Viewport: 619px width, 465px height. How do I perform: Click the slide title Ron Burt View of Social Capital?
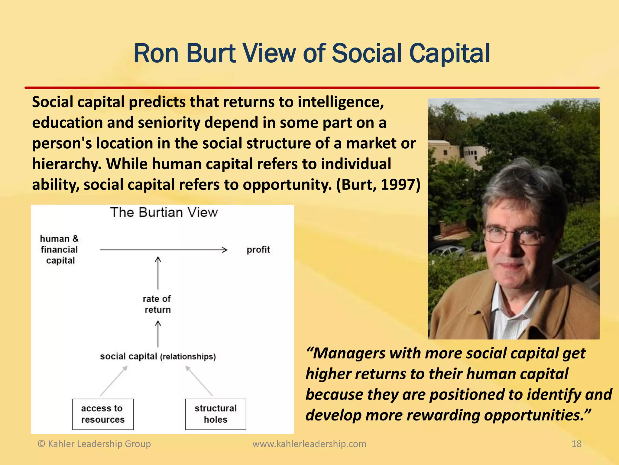pyautogui.click(x=311, y=54)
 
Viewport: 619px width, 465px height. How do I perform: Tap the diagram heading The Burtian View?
pyautogui.click(x=164, y=212)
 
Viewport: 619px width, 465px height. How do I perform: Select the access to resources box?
pyautogui.click(x=103, y=414)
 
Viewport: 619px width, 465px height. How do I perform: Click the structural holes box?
pyautogui.click(x=216, y=414)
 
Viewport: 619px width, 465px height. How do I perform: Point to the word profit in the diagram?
pyautogui.click(x=258, y=250)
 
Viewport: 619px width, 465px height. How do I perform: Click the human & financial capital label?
pyautogui.click(x=60, y=249)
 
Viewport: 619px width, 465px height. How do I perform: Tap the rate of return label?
pyautogui.click(x=157, y=304)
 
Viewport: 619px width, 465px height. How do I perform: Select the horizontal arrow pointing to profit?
pyautogui.click(x=163, y=250)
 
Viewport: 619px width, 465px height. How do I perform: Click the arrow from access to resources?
pyautogui.click(x=114, y=381)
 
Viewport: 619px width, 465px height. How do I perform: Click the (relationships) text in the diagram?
pyautogui.click(x=188, y=357)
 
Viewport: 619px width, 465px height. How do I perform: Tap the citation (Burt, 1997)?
pyautogui.click(x=378, y=184)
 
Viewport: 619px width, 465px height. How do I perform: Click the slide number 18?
pyautogui.click(x=576, y=444)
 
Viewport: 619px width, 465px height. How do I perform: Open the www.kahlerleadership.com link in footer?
pyautogui.click(x=309, y=444)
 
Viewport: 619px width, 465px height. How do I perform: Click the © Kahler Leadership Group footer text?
pyautogui.click(x=94, y=444)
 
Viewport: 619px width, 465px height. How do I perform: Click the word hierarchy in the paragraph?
pyautogui.click(x=66, y=164)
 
